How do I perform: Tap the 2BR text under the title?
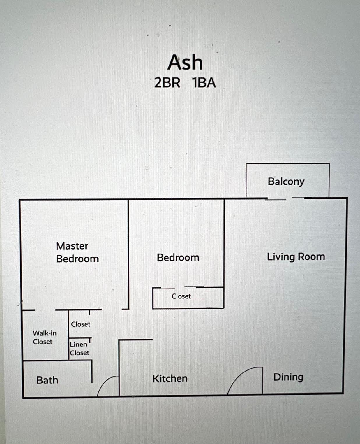[x=167, y=83]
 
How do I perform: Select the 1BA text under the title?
[x=204, y=83]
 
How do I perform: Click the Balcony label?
[x=286, y=182]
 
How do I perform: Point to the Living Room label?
[x=296, y=257]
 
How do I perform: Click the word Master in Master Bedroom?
[x=72, y=246]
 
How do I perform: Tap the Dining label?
[x=288, y=377]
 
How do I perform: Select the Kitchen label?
[x=170, y=378]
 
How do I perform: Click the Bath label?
[x=47, y=380]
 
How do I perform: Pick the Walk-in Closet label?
[x=45, y=337]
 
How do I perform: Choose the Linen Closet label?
[x=80, y=349]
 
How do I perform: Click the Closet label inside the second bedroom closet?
[x=181, y=296]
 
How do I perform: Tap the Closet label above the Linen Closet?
[x=81, y=324]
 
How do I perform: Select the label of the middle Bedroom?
[x=178, y=258]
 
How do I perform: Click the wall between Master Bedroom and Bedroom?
[x=128, y=254]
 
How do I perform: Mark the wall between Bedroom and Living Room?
[x=224, y=243]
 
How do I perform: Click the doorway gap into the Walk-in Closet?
[x=45, y=310]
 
